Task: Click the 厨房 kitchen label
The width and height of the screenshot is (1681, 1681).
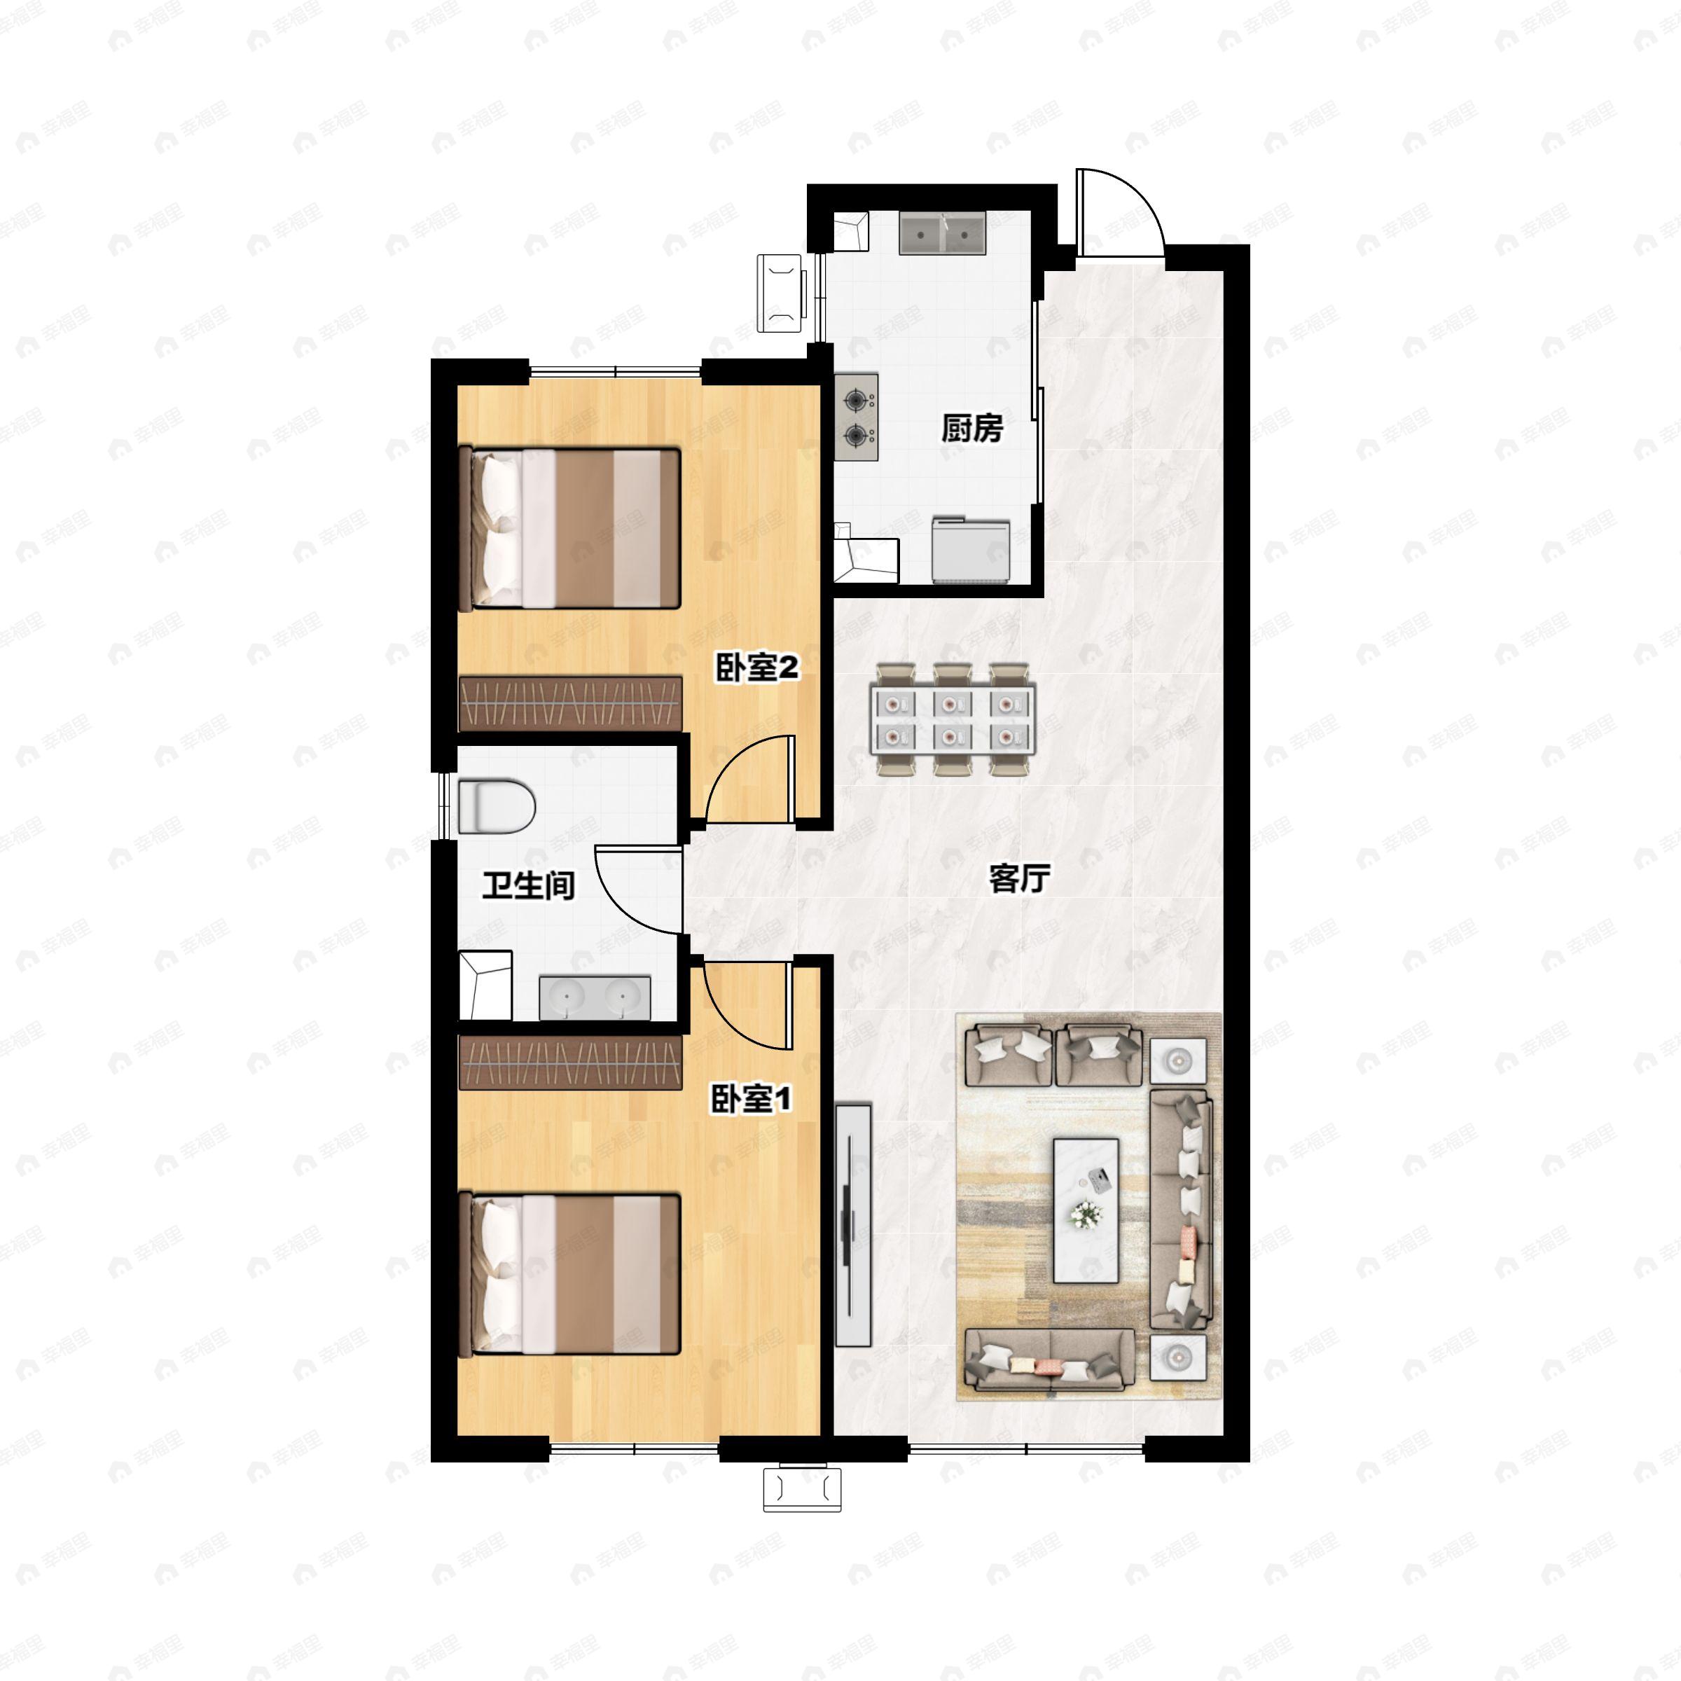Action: pyautogui.click(x=972, y=428)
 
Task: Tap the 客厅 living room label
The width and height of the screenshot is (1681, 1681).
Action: pyautogui.click(x=1019, y=879)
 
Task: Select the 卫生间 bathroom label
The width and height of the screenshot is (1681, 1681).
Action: pyautogui.click(x=529, y=886)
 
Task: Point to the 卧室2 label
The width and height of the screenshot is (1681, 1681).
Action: pyautogui.click(x=757, y=668)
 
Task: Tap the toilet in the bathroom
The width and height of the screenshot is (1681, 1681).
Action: pyautogui.click(x=495, y=805)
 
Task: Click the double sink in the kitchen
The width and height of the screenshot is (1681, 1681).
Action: pyautogui.click(x=941, y=233)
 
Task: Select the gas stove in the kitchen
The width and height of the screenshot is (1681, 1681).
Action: pyautogui.click(x=856, y=417)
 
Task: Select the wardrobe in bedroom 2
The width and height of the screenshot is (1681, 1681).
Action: pyautogui.click(x=570, y=704)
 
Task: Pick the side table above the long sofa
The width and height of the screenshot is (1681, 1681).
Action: pyautogui.click(x=1178, y=1060)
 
